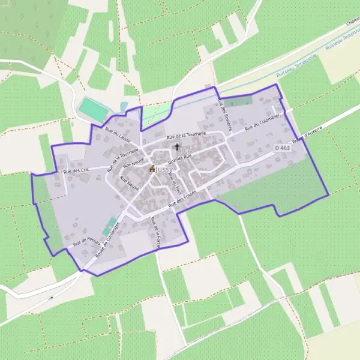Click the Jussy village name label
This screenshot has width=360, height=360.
(x=164, y=170)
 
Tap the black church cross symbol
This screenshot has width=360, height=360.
(x=176, y=146)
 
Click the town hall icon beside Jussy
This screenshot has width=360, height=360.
(x=152, y=169)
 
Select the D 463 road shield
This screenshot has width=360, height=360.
(x=282, y=148)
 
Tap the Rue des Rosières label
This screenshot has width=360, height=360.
(x=226, y=115)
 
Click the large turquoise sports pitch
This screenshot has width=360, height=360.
(x=92, y=108)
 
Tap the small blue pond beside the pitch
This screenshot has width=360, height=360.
(x=124, y=106)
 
